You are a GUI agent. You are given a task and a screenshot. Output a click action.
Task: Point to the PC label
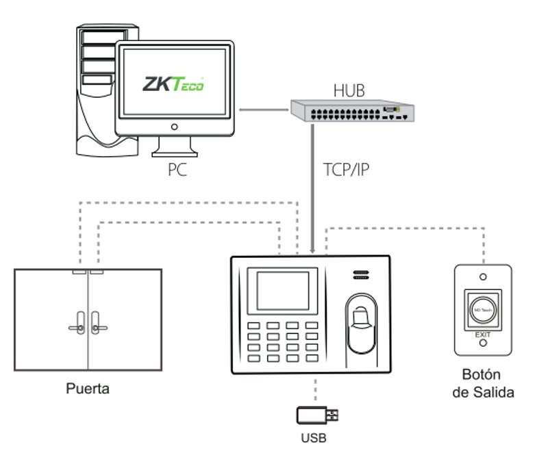(x=177, y=170)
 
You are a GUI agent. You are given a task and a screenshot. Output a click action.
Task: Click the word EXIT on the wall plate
(x=484, y=335)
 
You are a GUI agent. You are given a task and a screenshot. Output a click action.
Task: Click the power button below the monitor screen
(x=174, y=127)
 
